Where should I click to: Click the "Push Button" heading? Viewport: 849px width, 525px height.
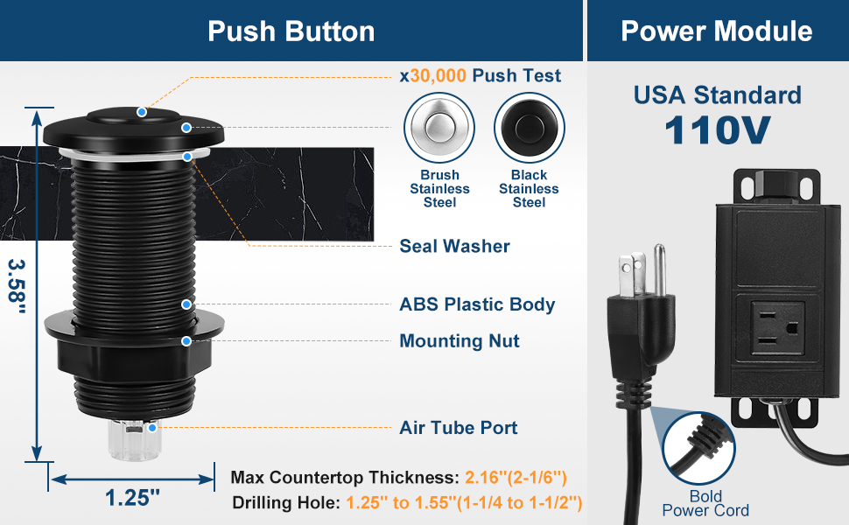(x=291, y=31)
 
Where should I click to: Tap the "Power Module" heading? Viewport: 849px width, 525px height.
(x=716, y=31)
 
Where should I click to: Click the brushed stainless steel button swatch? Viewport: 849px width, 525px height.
(x=439, y=128)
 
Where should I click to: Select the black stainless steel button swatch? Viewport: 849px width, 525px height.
(x=529, y=128)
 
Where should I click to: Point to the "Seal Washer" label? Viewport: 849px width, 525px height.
(x=454, y=247)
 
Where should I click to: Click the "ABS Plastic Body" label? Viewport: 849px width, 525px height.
(x=477, y=304)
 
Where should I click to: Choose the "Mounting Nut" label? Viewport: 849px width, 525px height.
(x=460, y=341)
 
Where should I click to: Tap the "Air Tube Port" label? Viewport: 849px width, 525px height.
(x=459, y=428)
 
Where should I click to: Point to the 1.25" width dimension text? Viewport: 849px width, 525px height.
(x=133, y=497)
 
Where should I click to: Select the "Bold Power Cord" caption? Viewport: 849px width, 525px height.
(x=705, y=504)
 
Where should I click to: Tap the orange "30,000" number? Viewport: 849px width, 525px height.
(x=438, y=75)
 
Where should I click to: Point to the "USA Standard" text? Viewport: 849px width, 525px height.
(x=717, y=94)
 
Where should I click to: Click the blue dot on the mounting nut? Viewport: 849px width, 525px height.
(x=186, y=341)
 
